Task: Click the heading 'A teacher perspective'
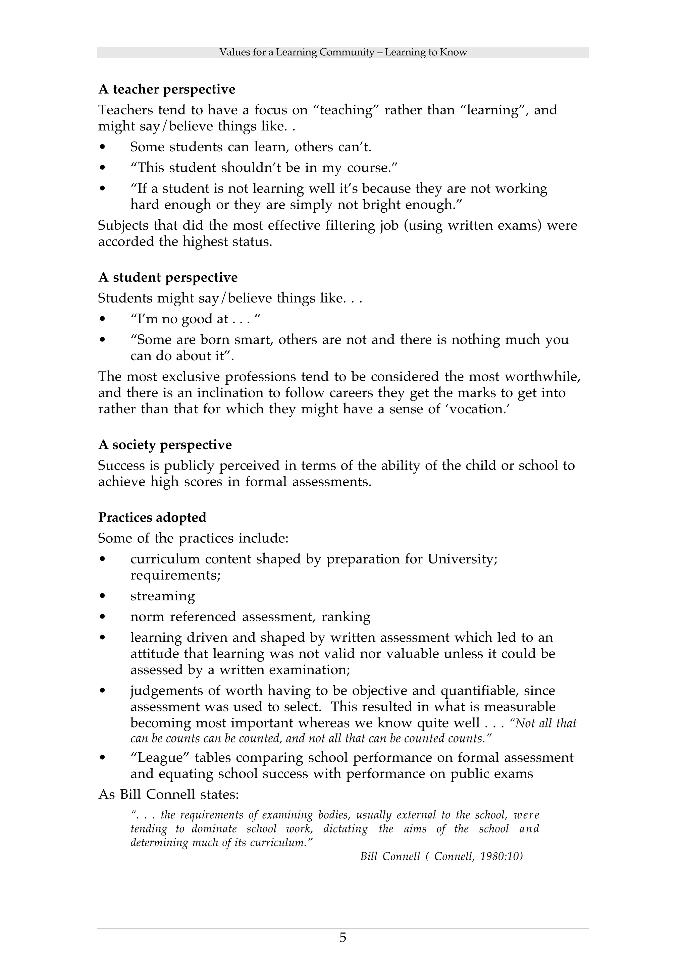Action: (166, 89)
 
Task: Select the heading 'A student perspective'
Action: (168, 277)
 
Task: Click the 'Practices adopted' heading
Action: (152, 517)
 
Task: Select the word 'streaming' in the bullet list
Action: (163, 596)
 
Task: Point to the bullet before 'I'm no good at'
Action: (102, 319)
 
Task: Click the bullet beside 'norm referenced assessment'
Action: (102, 617)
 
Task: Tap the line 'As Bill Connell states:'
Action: (168, 794)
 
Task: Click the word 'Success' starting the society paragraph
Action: (122, 465)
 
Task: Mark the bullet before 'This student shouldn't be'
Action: (102, 168)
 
